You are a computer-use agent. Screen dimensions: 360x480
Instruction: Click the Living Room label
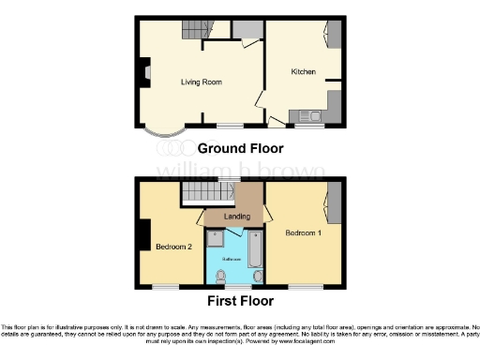pos(200,82)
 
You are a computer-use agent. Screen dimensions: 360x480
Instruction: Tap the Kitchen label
pos(303,72)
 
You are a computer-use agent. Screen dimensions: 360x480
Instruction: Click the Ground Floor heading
pos(239,148)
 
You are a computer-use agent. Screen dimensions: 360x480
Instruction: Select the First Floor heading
pos(239,301)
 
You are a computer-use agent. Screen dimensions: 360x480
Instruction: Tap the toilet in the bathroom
pos(220,275)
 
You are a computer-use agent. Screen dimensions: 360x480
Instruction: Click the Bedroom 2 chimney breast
pos(145,233)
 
